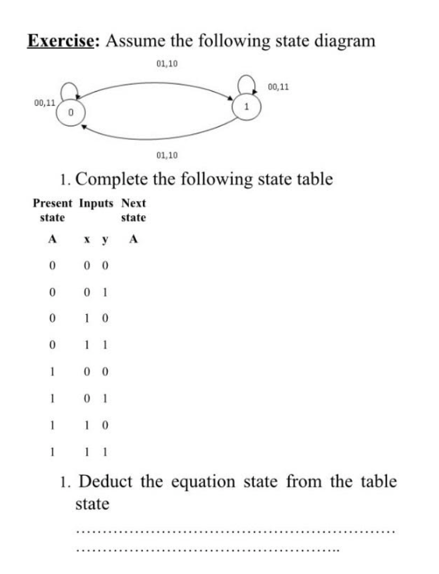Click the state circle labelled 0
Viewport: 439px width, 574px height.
click(x=70, y=111)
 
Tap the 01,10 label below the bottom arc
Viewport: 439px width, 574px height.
click(x=167, y=155)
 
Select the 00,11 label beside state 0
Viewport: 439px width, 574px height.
click(x=45, y=102)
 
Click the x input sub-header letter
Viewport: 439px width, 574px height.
click(x=86, y=240)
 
